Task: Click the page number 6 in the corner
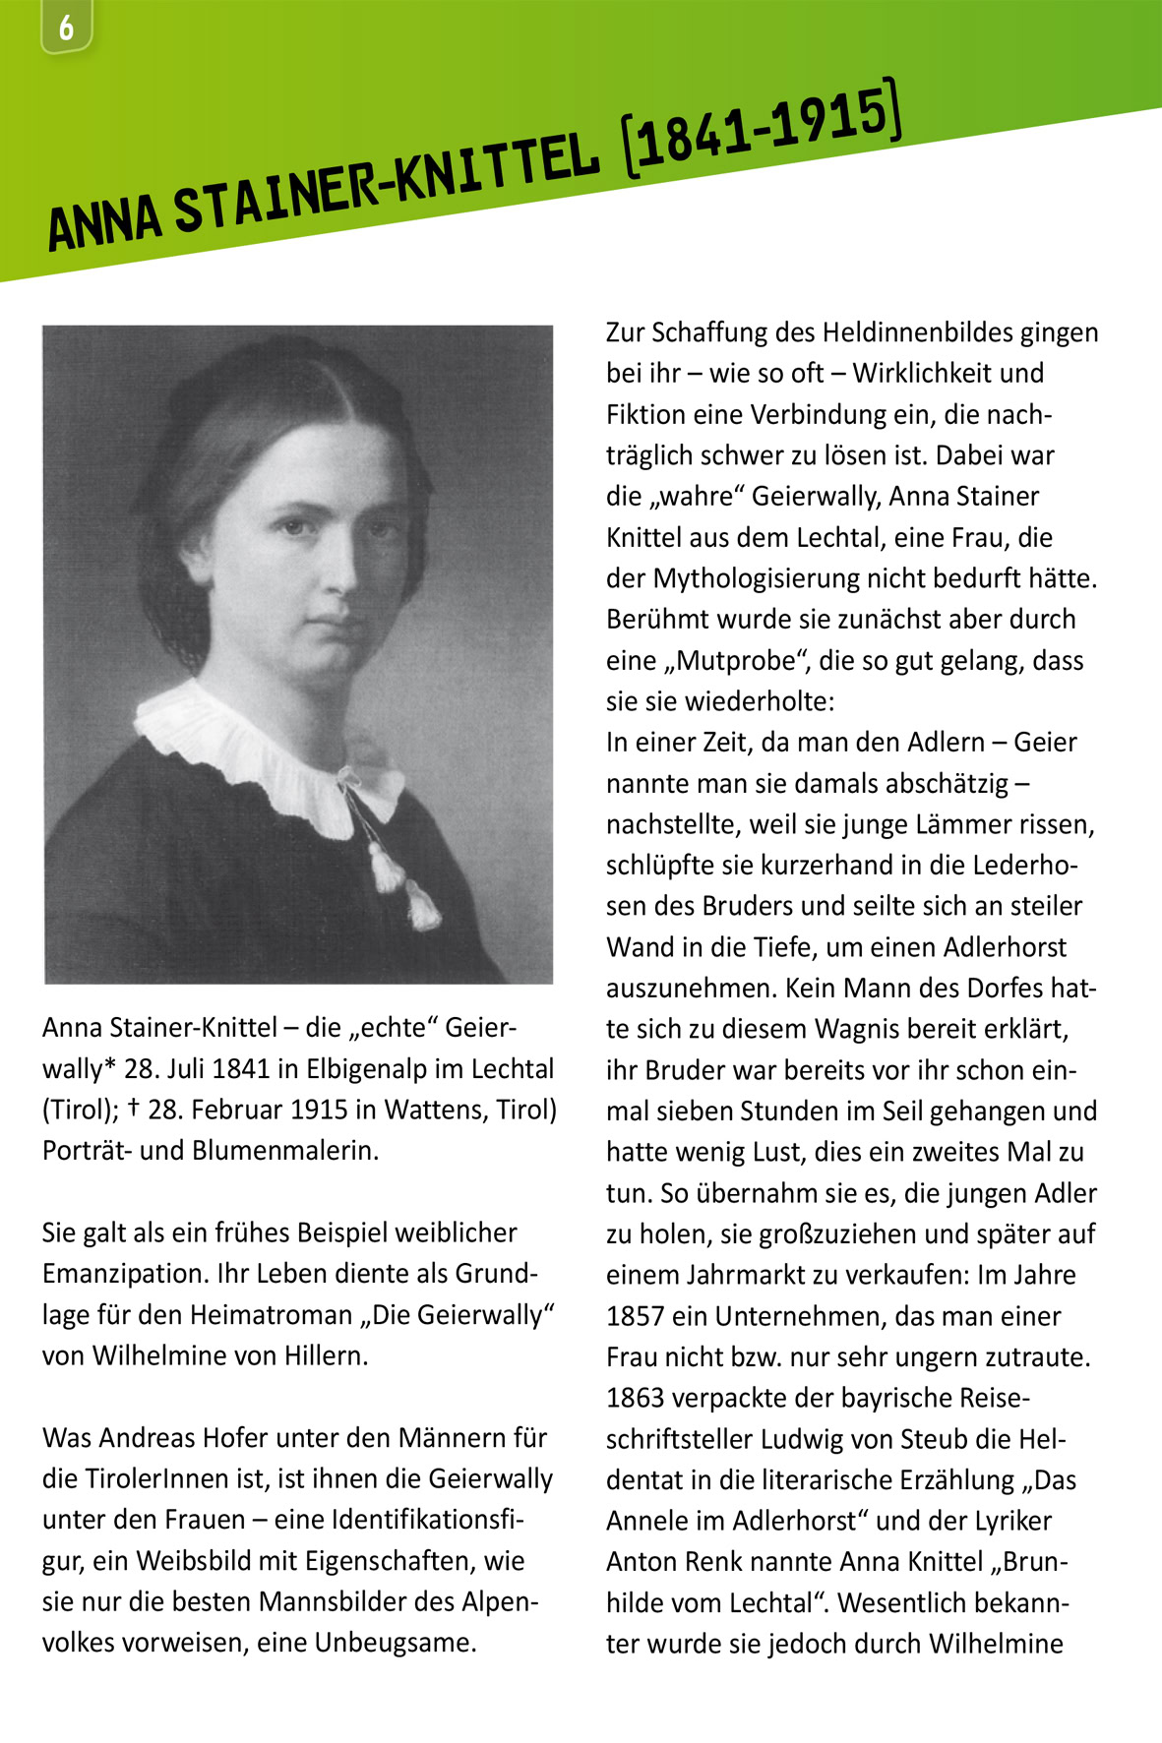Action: click(x=66, y=28)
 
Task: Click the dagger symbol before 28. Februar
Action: click(x=133, y=1109)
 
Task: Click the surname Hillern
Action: click(x=326, y=1356)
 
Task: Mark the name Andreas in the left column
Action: click(x=148, y=1438)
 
